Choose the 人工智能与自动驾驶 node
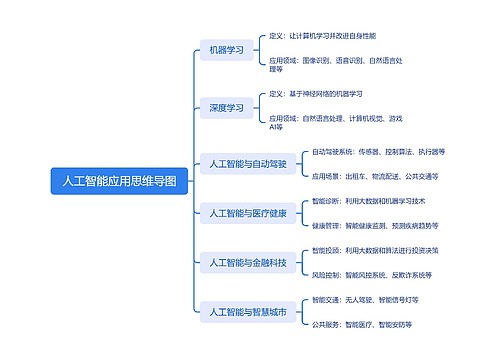tap(247, 162)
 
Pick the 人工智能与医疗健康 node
tap(247, 213)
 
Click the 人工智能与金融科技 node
tap(247, 263)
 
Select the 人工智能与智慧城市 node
tap(247, 313)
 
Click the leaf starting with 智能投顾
tap(374, 250)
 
